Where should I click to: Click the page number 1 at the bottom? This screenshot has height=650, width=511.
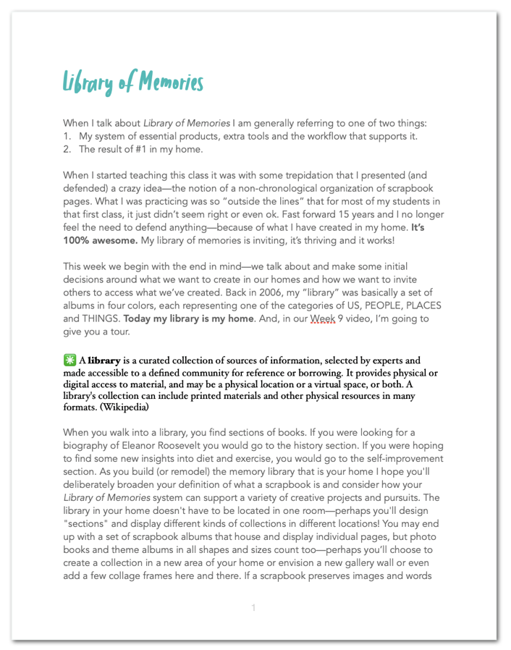tap(253, 607)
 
